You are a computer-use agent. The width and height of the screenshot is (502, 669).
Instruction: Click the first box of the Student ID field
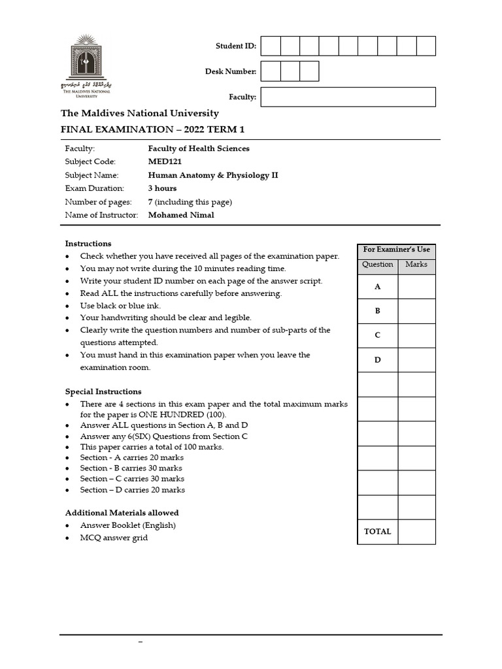click(271, 46)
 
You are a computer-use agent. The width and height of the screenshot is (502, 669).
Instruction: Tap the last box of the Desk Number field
click(309, 71)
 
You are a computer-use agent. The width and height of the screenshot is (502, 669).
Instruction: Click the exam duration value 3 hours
click(162, 188)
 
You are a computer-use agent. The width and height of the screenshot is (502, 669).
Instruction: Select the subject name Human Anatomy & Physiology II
click(213, 175)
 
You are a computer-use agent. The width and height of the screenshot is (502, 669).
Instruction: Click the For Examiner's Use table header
click(396, 250)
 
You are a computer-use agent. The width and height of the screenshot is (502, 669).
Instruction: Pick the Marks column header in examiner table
click(416, 265)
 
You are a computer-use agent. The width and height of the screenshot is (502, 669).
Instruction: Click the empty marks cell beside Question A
click(416, 287)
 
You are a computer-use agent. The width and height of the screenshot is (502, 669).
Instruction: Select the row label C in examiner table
click(377, 335)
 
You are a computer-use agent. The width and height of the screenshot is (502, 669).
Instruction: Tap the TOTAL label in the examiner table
click(377, 532)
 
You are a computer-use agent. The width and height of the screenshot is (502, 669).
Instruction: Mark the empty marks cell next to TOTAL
click(416, 532)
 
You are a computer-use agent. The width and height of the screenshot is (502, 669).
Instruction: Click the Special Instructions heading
click(103, 392)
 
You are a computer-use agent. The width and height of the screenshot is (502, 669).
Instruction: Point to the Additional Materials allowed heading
click(122, 513)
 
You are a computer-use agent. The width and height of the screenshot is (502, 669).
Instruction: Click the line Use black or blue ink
click(120, 306)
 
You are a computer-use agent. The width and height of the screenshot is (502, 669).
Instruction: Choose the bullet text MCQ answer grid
click(114, 538)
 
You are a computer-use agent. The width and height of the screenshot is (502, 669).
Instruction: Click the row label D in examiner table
click(377, 360)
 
